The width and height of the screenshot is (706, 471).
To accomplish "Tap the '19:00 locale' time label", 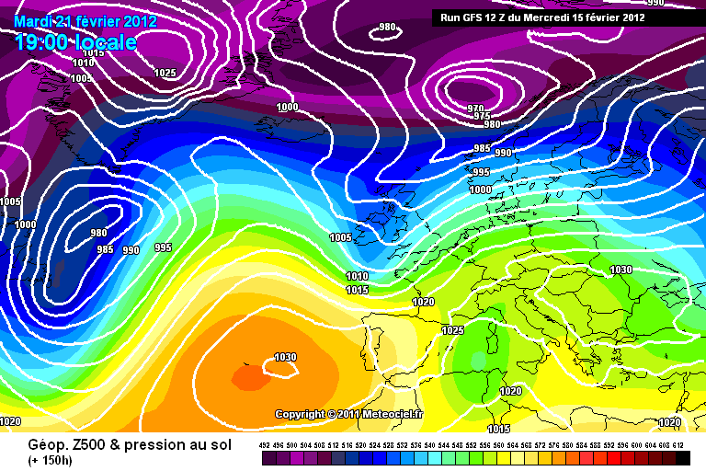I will coord(75,42).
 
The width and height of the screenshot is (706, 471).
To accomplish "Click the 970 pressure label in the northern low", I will coord(474,108).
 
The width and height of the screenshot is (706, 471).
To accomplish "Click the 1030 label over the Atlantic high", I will coord(285,358).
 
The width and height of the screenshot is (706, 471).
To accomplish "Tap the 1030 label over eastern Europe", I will coord(621,270).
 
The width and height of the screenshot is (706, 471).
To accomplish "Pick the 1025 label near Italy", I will coord(453,330).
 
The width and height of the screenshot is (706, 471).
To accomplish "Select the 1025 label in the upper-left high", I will coord(165,73).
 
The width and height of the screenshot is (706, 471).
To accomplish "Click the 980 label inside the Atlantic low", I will coord(99,234).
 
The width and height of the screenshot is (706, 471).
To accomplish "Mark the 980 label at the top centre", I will coord(388,28).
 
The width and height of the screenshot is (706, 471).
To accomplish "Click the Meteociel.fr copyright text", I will coord(349,415).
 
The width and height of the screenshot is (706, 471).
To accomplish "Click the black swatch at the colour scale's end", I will coord(683,457).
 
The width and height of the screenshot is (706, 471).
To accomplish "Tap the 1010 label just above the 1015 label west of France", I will coord(357,276).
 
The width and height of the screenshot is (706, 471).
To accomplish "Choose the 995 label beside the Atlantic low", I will coord(164,247).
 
